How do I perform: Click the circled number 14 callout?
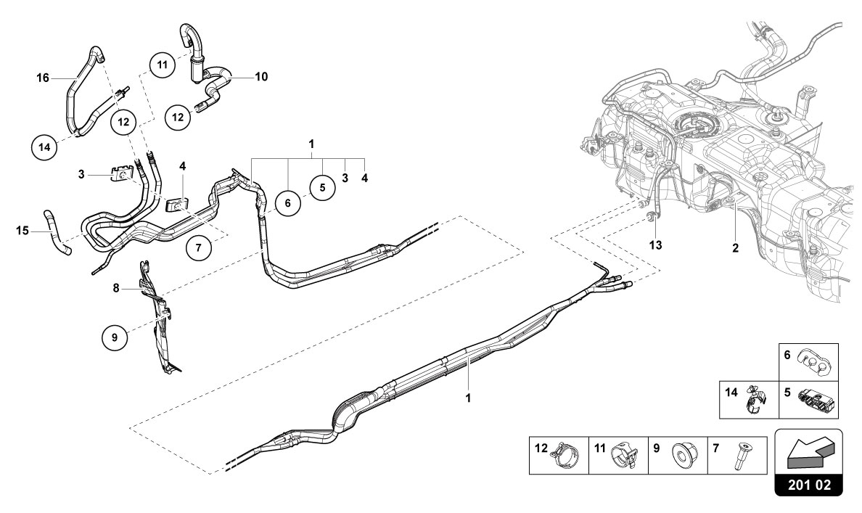[x=45, y=147]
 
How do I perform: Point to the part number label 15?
[x=23, y=231]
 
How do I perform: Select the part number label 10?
[x=260, y=76]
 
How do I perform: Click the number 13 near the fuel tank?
[x=655, y=245]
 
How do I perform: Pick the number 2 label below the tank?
[x=735, y=248]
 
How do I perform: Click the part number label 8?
[x=115, y=288]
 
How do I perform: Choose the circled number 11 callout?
[x=163, y=65]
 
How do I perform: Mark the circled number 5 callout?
[x=322, y=186]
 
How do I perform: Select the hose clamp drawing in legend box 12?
[x=566, y=455]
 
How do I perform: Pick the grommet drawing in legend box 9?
[x=684, y=455]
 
